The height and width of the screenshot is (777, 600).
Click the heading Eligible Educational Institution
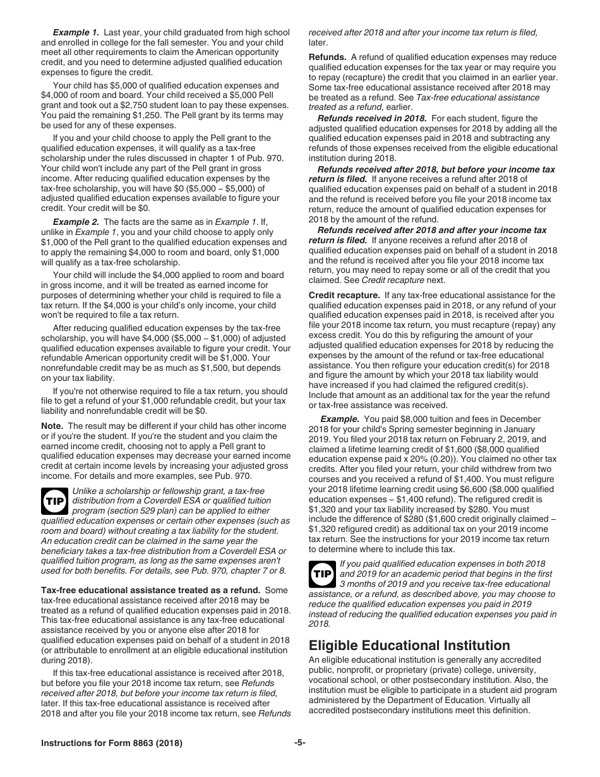pos(409,645)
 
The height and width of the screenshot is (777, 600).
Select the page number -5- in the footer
pos(299,743)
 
